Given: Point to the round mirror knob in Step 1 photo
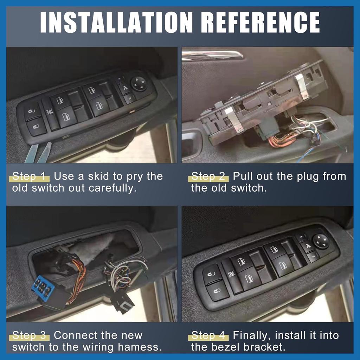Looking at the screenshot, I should pyautogui.click(x=139, y=84).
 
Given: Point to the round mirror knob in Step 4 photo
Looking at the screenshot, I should pyautogui.click(x=321, y=241).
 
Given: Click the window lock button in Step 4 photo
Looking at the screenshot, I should pyautogui.click(x=231, y=274).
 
